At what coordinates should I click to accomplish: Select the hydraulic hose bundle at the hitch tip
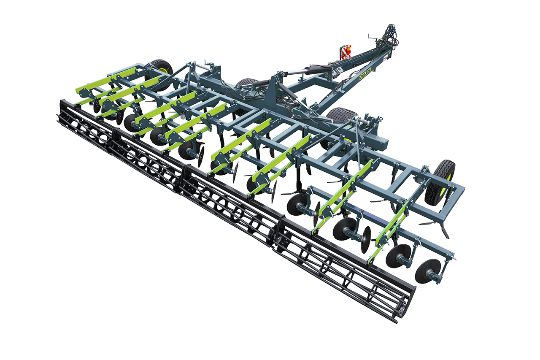pos(391,36)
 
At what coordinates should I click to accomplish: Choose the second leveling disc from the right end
pos(398,255)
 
